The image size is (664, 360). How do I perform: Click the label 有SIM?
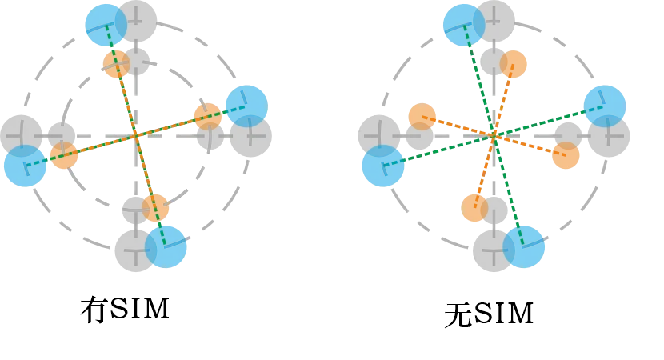(x=126, y=310)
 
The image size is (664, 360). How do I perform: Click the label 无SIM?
(x=489, y=314)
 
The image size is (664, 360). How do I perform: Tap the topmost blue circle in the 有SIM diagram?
(x=106, y=25)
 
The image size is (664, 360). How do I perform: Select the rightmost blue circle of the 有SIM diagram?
(x=247, y=106)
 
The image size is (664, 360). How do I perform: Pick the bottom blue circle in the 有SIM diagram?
(x=166, y=247)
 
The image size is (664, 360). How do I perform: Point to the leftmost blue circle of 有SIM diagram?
(x=25, y=166)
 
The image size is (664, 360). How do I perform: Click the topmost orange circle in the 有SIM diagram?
(x=117, y=64)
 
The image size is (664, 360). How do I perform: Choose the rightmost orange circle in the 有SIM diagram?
(x=208, y=117)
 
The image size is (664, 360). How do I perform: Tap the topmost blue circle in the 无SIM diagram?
(x=464, y=25)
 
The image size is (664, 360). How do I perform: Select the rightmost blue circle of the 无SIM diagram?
(x=605, y=106)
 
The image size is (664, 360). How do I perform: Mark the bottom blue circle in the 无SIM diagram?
(x=523, y=247)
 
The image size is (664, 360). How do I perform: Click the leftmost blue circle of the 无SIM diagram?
(x=383, y=166)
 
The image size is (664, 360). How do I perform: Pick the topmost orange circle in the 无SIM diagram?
(x=514, y=64)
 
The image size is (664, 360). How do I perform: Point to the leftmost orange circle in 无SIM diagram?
(x=422, y=117)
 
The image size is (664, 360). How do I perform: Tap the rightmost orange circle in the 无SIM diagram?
(x=566, y=155)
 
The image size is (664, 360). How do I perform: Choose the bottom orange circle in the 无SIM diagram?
(x=474, y=207)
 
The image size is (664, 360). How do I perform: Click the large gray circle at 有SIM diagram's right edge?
(x=250, y=136)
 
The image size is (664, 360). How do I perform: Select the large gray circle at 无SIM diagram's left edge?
(x=379, y=136)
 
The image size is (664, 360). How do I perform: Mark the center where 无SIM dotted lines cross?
(x=494, y=136)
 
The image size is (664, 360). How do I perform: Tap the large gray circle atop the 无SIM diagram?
(x=494, y=21)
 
